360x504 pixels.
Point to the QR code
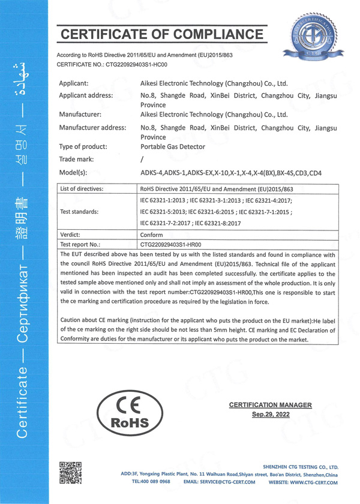click(x=70, y=471)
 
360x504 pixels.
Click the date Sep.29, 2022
click(x=270, y=415)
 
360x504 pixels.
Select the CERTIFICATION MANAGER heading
click(x=271, y=405)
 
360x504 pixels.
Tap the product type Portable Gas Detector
click(x=172, y=146)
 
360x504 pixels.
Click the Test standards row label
click(x=79, y=212)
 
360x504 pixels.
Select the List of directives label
click(x=82, y=189)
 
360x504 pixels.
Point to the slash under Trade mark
click(x=142, y=160)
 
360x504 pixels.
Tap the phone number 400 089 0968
click(x=153, y=482)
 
